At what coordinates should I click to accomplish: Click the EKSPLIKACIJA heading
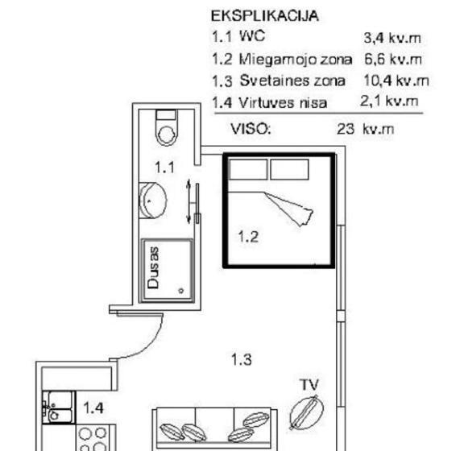tap(264, 15)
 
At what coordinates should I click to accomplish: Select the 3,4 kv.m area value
tap(392, 38)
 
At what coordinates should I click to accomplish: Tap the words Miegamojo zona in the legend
tap(296, 59)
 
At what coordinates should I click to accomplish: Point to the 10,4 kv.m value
tap(396, 81)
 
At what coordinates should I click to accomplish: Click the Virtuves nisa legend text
tap(283, 103)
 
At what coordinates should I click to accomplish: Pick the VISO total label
tap(251, 129)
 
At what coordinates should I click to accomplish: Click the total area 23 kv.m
tap(366, 129)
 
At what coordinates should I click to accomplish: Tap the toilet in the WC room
tap(167, 128)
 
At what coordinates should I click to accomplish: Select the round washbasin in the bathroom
tap(153, 201)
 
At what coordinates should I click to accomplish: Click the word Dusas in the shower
tap(153, 267)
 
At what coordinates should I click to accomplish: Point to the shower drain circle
tap(181, 291)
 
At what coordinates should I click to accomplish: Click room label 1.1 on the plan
tap(165, 168)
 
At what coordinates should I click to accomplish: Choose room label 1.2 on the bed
tap(248, 237)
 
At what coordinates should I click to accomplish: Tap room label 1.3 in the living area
tap(241, 359)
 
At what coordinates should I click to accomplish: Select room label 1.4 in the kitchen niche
tap(93, 408)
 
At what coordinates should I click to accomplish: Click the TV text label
tap(309, 384)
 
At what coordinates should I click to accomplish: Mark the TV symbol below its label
tap(307, 412)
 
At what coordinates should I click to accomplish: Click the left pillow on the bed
tap(248, 170)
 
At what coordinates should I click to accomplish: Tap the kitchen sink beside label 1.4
tap(58, 408)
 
